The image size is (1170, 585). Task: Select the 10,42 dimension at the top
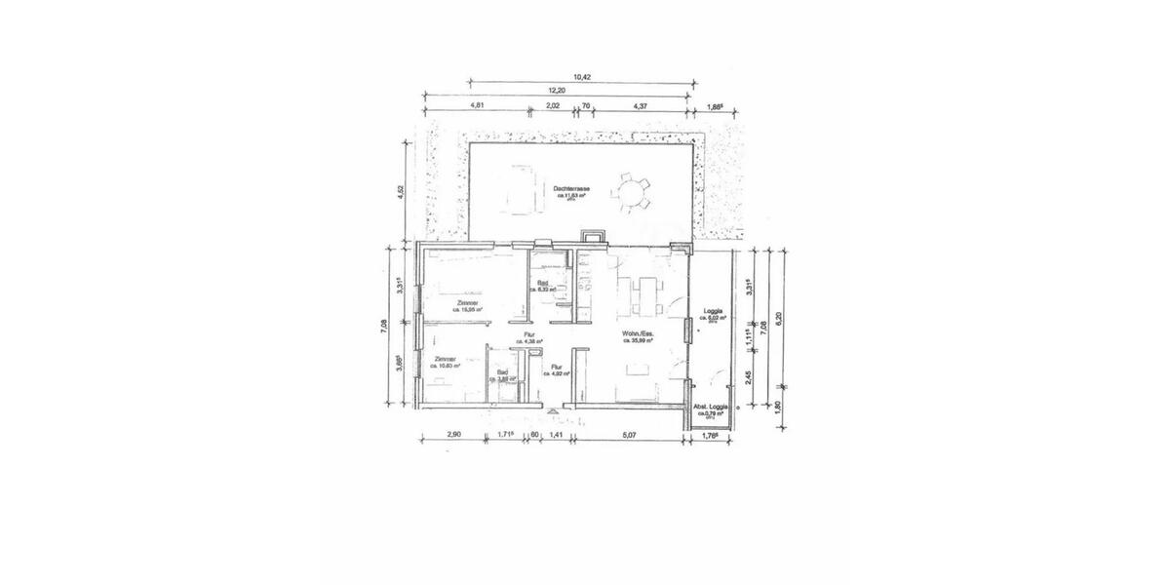click(582, 76)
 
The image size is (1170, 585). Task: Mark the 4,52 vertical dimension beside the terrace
click(400, 191)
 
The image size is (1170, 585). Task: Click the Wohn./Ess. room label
click(639, 336)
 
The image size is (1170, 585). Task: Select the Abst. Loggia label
click(711, 409)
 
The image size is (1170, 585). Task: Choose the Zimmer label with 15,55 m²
click(468, 307)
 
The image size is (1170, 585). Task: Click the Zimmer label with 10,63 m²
click(447, 362)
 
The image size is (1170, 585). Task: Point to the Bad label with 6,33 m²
click(542, 286)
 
